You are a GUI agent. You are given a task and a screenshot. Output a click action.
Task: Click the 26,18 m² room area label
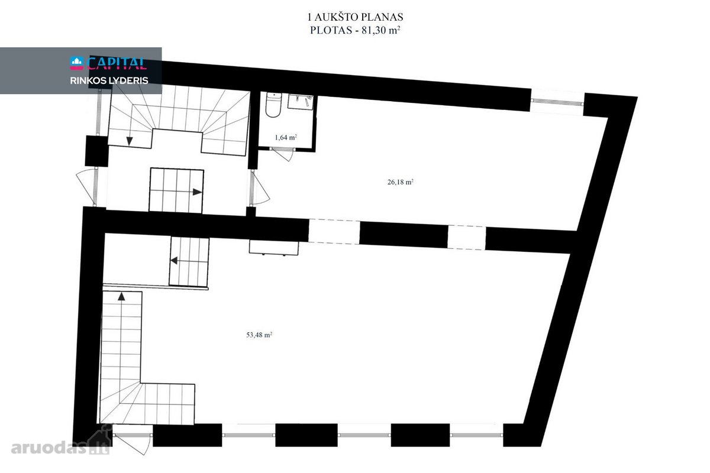pyautogui.click(x=401, y=182)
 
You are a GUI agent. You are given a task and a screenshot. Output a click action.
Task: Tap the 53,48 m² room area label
pyautogui.click(x=259, y=335)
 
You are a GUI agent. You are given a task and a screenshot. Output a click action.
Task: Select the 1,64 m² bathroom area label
pyautogui.click(x=286, y=137)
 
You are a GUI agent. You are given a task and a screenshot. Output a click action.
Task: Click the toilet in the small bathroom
pyautogui.click(x=273, y=105)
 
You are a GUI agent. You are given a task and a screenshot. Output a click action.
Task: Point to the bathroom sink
pyautogui.click(x=300, y=102)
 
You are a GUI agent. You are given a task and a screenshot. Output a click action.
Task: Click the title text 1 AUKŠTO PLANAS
pyautogui.click(x=356, y=17)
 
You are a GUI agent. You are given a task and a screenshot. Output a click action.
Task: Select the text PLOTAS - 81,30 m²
pyautogui.click(x=355, y=30)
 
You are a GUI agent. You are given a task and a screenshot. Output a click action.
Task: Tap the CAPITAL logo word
pyautogui.click(x=117, y=63)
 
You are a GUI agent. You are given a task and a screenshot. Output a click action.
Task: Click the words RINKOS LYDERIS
pyautogui.click(x=109, y=80)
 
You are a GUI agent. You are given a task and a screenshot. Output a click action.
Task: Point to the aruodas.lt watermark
pyautogui.click(x=60, y=447)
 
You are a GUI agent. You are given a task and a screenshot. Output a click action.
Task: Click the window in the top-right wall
pyautogui.click(x=557, y=101)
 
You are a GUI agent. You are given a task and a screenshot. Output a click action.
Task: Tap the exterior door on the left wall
pyautogui.click(x=86, y=187)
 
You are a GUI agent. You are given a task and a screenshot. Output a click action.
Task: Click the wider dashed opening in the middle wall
pyautogui.click(x=334, y=231)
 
